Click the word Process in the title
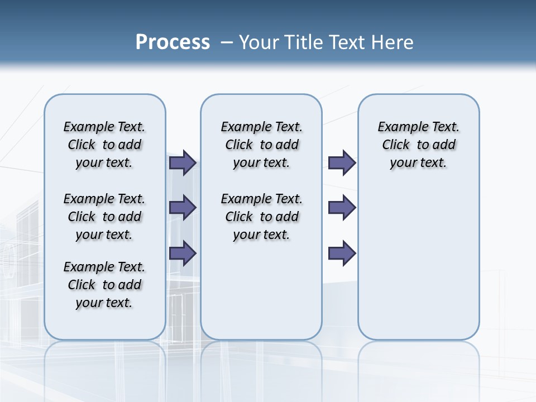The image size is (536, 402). (x=173, y=42)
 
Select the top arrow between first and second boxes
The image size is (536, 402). (x=183, y=162)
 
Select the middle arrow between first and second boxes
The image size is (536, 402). (x=183, y=208)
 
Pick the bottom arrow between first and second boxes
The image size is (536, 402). (x=183, y=252)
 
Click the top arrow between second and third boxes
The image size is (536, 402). (x=342, y=162)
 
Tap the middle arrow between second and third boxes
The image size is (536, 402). (x=342, y=208)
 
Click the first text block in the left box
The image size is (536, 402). (x=104, y=145)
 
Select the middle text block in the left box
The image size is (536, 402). (x=104, y=217)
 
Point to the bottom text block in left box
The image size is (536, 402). (x=104, y=285)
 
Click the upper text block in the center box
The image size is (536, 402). (x=261, y=145)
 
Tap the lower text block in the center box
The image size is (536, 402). (x=261, y=217)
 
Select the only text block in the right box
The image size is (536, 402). (x=418, y=145)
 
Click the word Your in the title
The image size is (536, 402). (x=259, y=42)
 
